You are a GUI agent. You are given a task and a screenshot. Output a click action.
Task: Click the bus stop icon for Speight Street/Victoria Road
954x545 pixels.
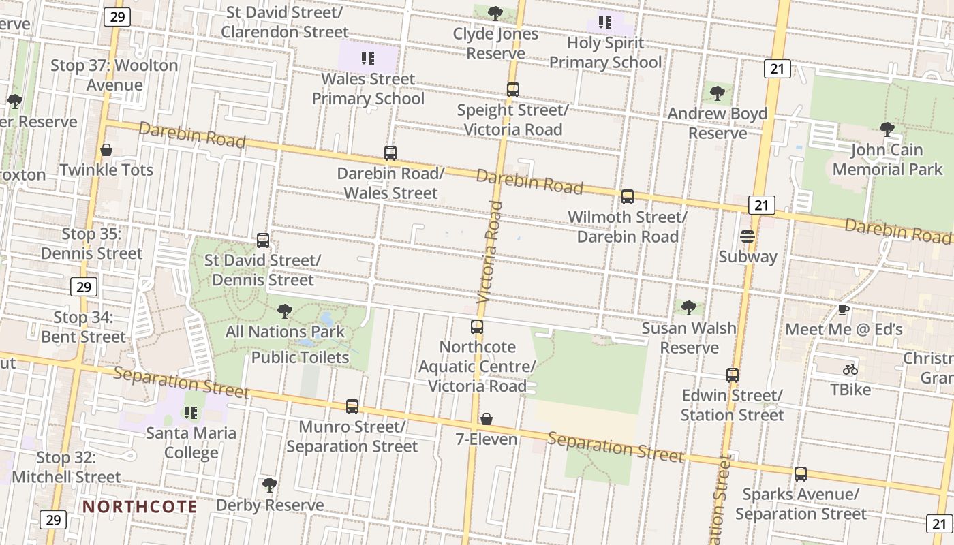point(513,90)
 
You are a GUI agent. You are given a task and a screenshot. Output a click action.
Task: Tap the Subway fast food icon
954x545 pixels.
point(748,237)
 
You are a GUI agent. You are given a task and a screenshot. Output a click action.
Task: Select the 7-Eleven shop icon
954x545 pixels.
point(487,419)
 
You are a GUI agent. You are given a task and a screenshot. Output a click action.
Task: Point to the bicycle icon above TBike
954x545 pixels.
point(850,369)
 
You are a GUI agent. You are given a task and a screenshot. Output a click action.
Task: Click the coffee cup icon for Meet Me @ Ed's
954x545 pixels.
point(844,310)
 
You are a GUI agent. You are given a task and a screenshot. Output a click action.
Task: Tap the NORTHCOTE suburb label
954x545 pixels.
point(140,507)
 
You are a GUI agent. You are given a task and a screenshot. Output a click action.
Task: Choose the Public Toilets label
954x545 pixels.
point(301,357)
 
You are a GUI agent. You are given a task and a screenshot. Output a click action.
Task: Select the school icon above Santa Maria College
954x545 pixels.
point(191,413)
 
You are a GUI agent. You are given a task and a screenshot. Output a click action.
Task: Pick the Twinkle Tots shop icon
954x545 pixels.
point(106,150)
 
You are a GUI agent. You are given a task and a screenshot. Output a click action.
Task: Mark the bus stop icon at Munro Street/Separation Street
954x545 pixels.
point(352,407)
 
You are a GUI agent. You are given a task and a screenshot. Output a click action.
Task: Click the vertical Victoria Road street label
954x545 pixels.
point(490,252)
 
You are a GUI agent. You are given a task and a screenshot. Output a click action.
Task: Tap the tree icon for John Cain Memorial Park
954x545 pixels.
point(887,129)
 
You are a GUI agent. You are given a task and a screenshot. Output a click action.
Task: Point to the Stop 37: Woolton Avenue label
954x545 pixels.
point(114,75)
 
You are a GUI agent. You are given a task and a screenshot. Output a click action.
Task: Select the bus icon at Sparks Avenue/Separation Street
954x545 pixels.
point(801,474)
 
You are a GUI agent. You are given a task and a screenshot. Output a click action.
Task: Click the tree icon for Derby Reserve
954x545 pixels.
point(270,485)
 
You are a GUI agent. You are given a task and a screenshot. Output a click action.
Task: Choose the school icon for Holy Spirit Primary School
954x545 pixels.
point(605,22)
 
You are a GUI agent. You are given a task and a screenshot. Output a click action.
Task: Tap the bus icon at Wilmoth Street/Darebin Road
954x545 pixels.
point(628,197)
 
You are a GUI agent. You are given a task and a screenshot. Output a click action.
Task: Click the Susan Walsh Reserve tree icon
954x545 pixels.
point(689,308)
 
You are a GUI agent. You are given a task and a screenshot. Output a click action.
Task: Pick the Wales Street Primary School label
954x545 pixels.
point(368,89)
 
